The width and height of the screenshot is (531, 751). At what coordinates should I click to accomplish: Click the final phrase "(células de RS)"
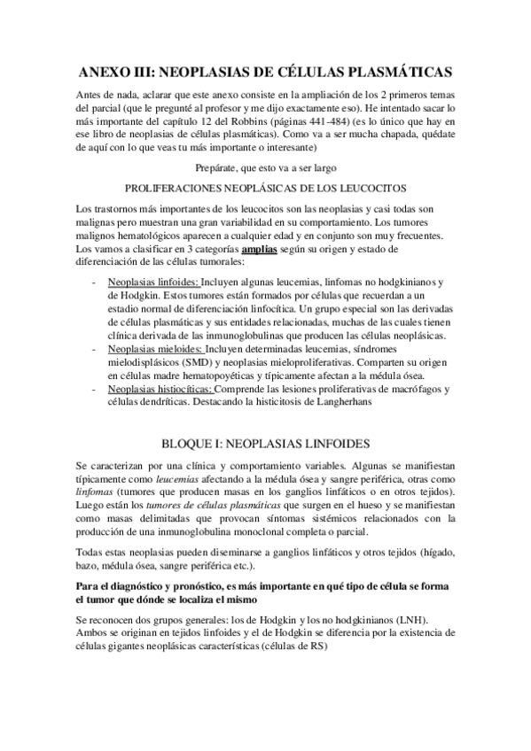coord(289,646)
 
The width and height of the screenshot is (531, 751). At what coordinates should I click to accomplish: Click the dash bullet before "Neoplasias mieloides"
coord(95,349)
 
